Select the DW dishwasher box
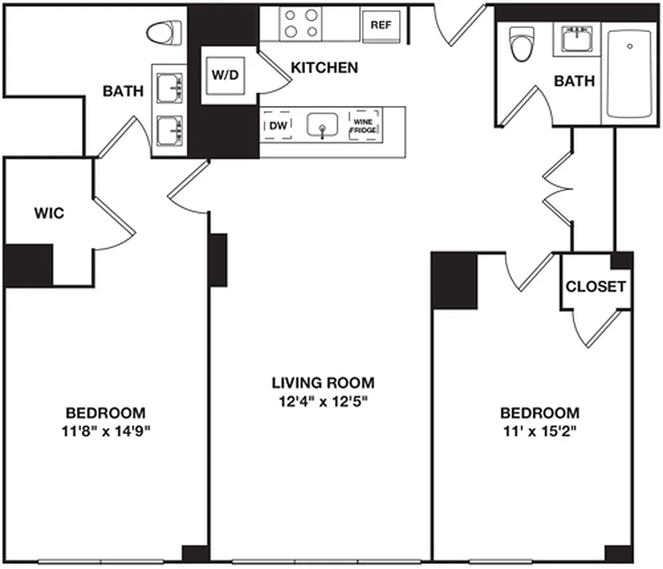point(278,126)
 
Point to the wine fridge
point(364,126)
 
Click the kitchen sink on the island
point(323,126)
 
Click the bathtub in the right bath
point(630,73)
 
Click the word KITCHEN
point(324,68)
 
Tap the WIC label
point(49,213)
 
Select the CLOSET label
point(595,287)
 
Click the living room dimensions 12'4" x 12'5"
point(323,401)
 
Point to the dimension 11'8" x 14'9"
point(106,431)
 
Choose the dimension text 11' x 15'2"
point(540,431)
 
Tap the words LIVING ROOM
point(323,383)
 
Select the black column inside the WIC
point(28,265)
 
